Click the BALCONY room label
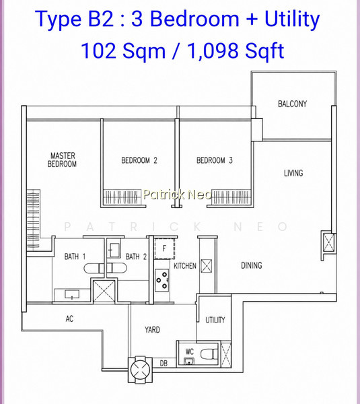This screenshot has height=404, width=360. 292,104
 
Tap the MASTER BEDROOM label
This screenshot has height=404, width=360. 63,160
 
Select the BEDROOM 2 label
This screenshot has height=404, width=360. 139,160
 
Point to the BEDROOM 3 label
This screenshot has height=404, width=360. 215,160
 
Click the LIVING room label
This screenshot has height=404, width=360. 293,173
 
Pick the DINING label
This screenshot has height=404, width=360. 252,265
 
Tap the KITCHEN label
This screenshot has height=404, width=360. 185,266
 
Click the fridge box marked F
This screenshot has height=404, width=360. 164,248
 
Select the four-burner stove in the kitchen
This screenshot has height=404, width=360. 161,280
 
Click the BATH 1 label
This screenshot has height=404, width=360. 75,257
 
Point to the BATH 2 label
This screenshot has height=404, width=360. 136,257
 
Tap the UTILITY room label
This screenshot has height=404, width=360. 215,320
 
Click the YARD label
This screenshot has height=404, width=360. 152,329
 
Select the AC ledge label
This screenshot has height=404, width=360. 69,318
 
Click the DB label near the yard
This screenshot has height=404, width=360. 164,364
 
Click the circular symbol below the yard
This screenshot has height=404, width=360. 141,370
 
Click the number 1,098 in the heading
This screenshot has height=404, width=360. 213,50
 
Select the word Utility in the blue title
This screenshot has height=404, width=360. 292,20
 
